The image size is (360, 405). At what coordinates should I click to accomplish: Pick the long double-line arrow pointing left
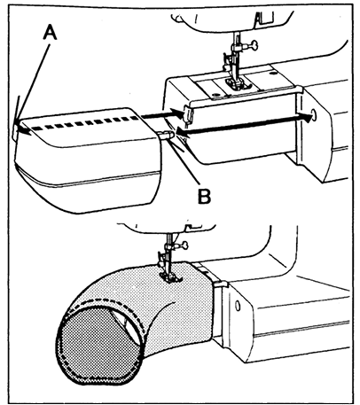click(239, 125)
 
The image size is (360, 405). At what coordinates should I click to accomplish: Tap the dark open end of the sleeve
click(98, 341)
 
